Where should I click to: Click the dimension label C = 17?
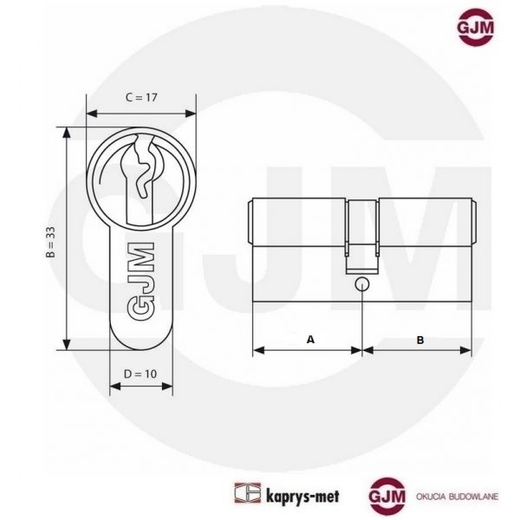[141, 97]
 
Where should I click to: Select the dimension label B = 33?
[50, 242]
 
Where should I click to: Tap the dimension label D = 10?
[140, 374]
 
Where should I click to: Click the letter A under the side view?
[310, 340]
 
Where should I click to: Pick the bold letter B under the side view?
[420, 340]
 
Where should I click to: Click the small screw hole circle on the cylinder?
[361, 284]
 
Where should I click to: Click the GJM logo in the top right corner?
[475, 27]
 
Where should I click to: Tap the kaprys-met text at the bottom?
[302, 497]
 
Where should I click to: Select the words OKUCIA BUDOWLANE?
[457, 497]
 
